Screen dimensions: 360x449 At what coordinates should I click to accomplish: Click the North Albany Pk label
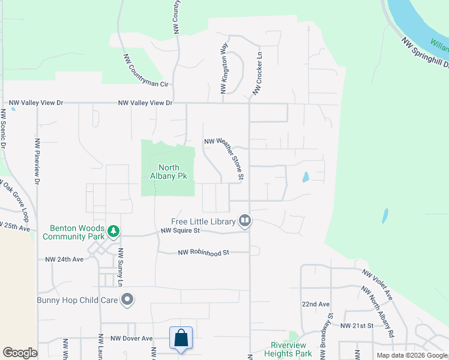pyautogui.click(x=168, y=172)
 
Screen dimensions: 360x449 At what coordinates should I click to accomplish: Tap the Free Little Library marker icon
pyautogui.click(x=244, y=221)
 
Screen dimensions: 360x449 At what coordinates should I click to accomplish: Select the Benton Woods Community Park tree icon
pyautogui.click(x=112, y=230)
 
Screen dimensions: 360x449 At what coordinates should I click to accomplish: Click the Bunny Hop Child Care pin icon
pyautogui.click(x=127, y=299)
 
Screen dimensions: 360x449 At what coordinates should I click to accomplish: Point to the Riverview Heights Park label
pyautogui.click(x=289, y=349)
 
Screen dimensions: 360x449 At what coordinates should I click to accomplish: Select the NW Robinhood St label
pyautogui.click(x=204, y=253)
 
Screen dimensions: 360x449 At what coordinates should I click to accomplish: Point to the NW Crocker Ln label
pyautogui.click(x=258, y=73)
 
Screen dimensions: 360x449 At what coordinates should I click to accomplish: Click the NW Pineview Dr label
pyautogui.click(x=37, y=161)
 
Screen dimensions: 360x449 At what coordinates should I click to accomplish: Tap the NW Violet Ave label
pyautogui.click(x=378, y=284)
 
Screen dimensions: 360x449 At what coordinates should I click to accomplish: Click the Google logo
pyautogui.click(x=20, y=353)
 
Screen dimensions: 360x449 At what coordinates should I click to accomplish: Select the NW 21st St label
pyautogui.click(x=357, y=325)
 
